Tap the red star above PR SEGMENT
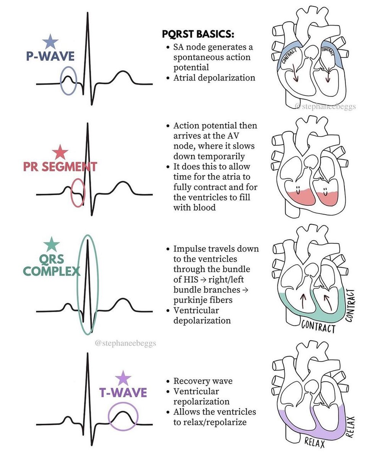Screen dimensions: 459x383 tap(60, 152)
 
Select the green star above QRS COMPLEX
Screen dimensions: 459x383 tap(52, 244)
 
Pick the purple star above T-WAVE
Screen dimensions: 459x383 tap(123, 378)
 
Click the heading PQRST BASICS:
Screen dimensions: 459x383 tap(198, 34)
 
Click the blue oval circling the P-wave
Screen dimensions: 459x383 tap(69, 80)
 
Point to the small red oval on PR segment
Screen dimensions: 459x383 tap(78, 192)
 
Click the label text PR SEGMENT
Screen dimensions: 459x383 tap(60, 167)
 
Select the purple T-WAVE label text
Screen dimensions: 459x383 tap(123, 393)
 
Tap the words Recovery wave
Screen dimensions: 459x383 tap(203, 381)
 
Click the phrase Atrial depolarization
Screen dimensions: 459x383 tap(214, 78)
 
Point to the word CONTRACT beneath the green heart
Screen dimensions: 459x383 tap(318, 327)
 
